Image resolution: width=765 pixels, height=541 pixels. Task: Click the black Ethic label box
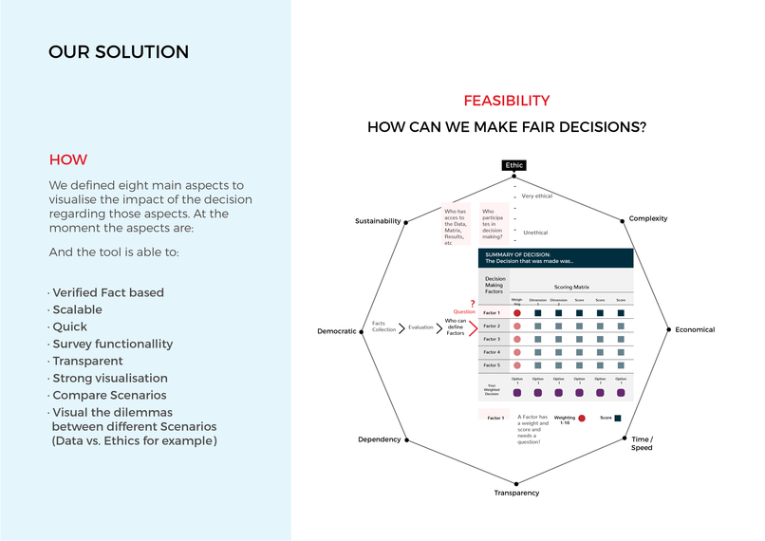coord(513,165)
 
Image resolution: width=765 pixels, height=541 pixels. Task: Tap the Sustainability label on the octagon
coord(378,220)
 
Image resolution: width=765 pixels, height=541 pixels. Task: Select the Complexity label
coord(648,219)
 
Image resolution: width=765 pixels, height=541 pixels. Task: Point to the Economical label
coord(695,330)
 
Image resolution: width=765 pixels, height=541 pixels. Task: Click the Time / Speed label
coord(642,443)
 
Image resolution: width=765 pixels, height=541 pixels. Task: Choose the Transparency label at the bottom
coord(516,493)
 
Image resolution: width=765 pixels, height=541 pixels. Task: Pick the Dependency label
coord(379,440)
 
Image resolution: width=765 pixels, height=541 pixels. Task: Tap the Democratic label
coord(336,331)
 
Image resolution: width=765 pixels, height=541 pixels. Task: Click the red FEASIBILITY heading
coord(506,101)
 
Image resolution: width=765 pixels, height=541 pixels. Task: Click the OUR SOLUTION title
coord(119,52)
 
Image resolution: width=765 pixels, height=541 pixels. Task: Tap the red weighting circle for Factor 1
coord(517,312)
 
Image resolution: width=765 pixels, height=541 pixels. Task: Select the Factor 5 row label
coord(492,365)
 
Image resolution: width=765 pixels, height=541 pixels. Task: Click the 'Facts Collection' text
coord(384,326)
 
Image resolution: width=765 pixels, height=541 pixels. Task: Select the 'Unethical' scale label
coord(535,233)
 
